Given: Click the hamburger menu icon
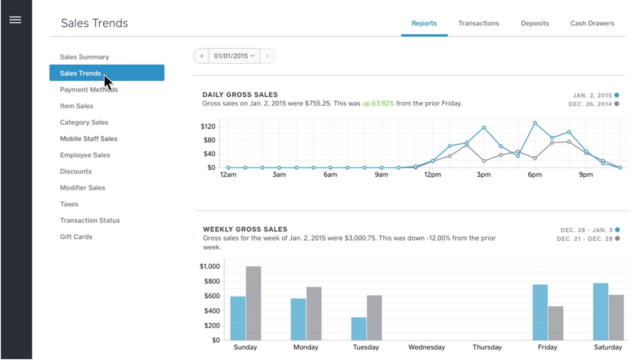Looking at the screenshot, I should [x=15, y=20].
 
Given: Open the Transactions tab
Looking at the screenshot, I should [x=479, y=22].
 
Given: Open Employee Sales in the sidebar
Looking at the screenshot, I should [x=85, y=155].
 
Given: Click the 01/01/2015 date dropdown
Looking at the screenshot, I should [x=234, y=56].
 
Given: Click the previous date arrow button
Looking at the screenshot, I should [x=201, y=56].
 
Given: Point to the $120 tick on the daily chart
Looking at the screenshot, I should [x=208, y=127].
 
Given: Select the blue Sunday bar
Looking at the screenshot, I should [x=238, y=317].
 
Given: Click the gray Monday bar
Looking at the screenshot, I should [x=314, y=313].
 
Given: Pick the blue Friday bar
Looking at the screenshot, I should [x=540, y=312].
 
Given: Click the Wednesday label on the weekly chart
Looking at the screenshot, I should [x=426, y=347].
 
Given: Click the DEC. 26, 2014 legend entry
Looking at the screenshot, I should [x=590, y=104].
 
